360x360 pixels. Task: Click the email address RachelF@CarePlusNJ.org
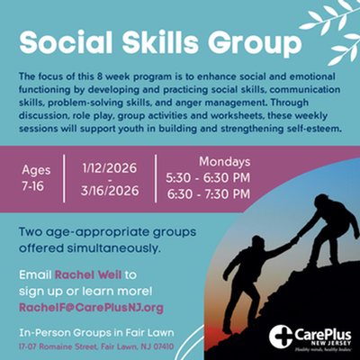point(90,308)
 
